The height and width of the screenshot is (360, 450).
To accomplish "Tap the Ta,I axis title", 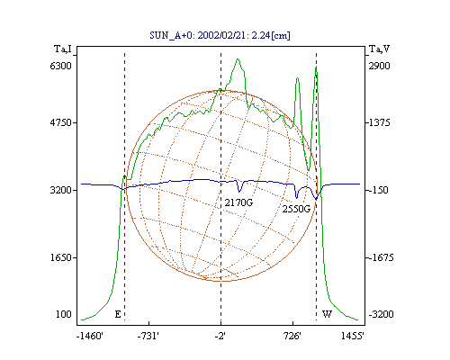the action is (x=63, y=49).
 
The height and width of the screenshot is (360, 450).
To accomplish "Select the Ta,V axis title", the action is (x=379, y=49).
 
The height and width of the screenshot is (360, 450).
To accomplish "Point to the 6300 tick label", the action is (x=61, y=66).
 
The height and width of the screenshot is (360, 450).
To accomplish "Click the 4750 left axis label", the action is (x=61, y=122).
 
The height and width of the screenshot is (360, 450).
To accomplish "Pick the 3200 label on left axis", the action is (x=61, y=190).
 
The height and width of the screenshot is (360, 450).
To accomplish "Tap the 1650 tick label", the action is (x=61, y=257).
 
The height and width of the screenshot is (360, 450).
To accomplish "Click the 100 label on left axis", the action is (x=64, y=314).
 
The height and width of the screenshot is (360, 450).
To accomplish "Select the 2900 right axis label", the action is (x=380, y=66).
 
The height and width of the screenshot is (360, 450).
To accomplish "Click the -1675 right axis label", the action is (x=381, y=257).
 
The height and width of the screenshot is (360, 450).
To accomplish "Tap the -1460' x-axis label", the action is (x=90, y=336).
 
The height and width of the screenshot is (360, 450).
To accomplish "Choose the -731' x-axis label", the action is (x=148, y=336).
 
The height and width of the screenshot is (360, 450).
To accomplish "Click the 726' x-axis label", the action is (x=292, y=336).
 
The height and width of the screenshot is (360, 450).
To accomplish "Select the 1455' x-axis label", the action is (x=353, y=336).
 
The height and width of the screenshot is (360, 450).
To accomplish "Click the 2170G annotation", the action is (x=238, y=202).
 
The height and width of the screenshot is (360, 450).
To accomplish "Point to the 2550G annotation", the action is (x=296, y=209).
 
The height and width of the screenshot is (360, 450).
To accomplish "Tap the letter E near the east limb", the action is (x=118, y=314).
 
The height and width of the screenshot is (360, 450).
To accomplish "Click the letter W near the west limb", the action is (x=327, y=314).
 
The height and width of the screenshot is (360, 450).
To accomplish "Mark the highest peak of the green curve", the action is (x=238, y=58).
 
